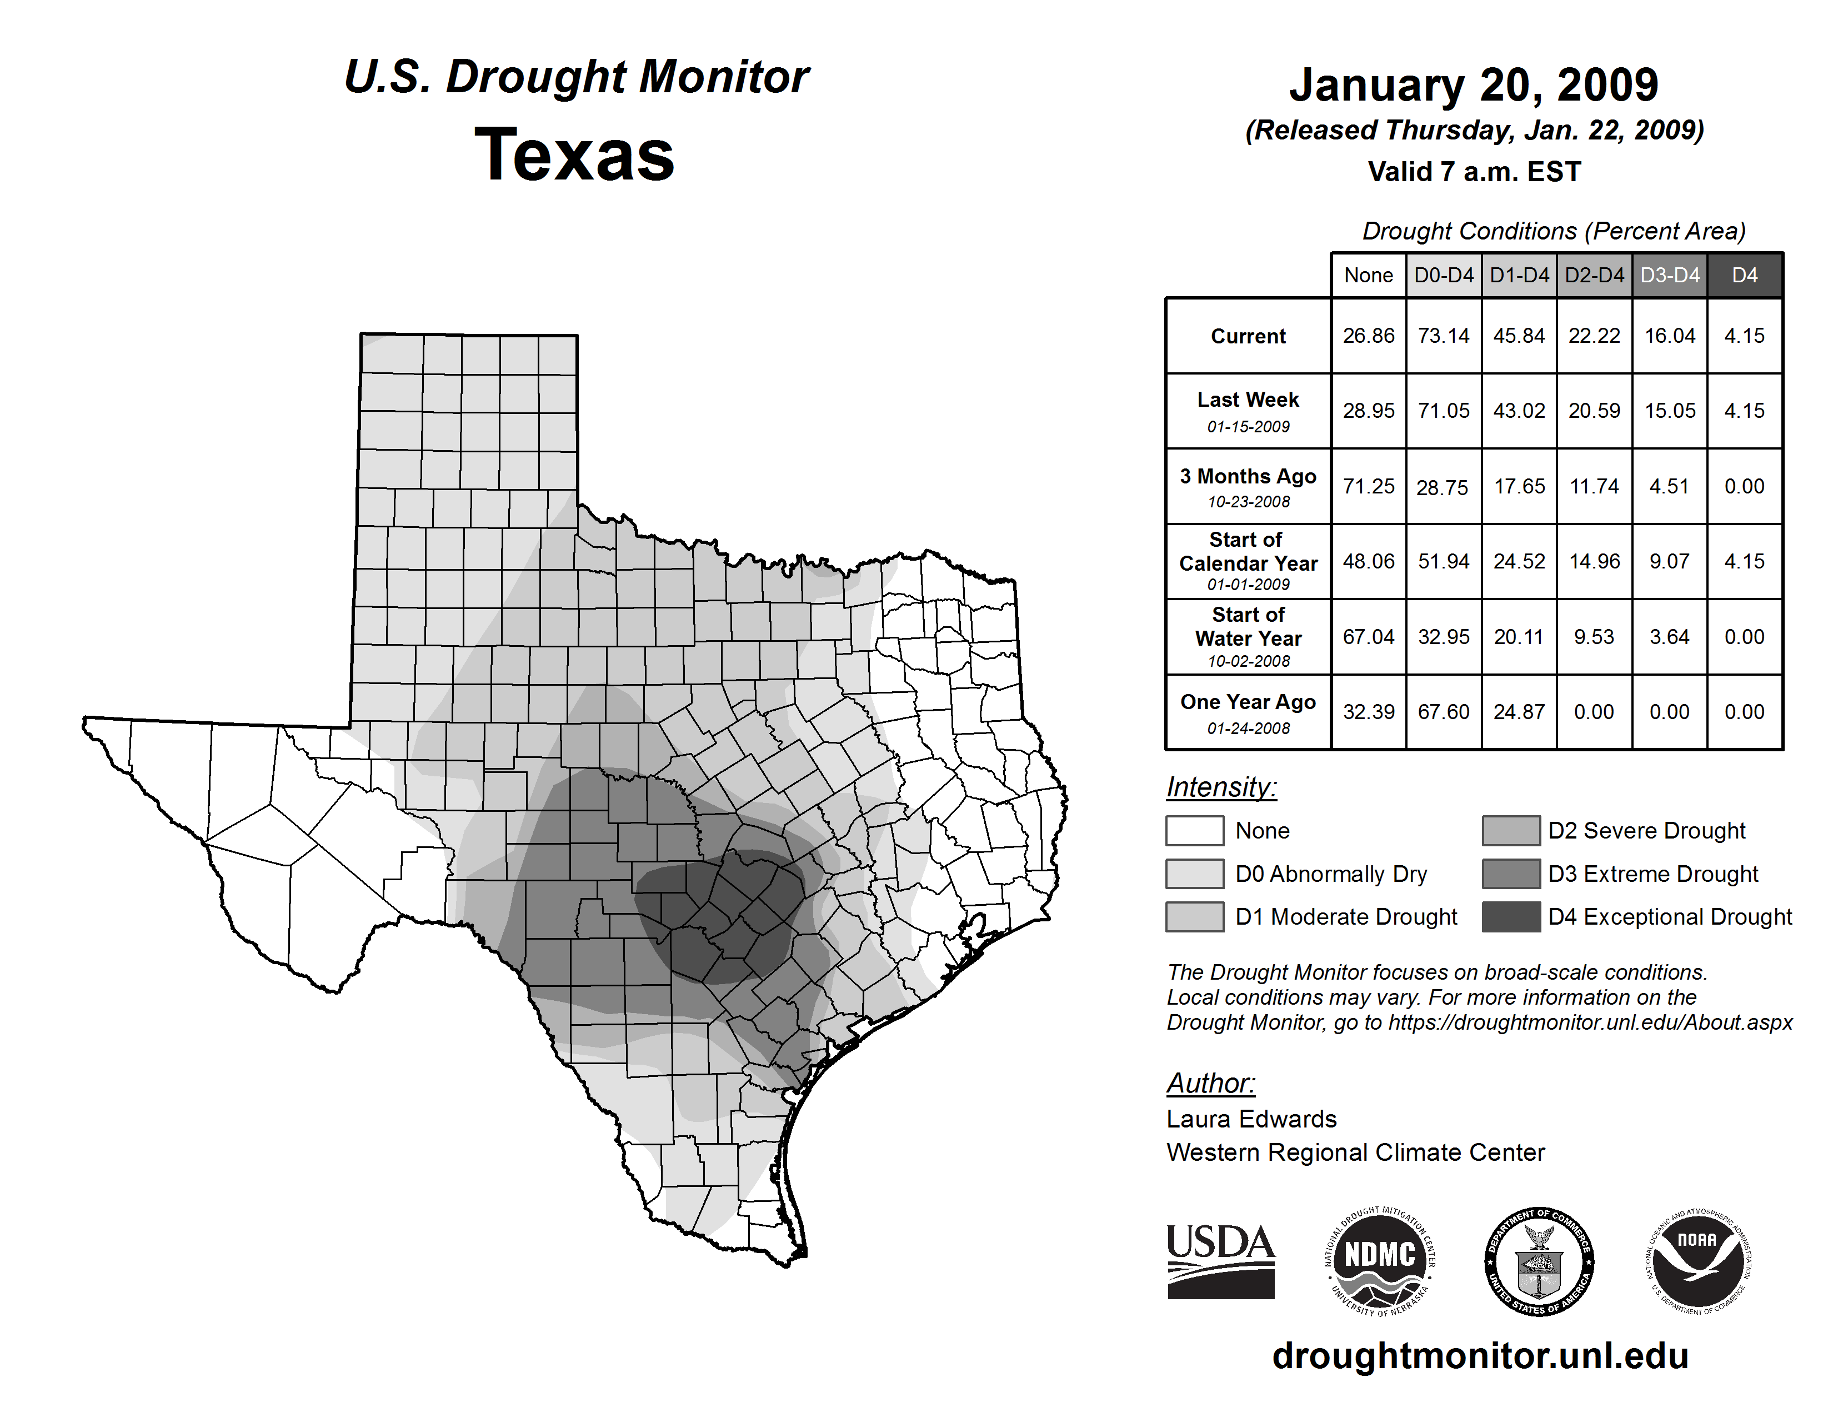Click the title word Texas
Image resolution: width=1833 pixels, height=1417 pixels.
574,155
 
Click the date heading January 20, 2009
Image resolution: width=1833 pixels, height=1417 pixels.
1474,85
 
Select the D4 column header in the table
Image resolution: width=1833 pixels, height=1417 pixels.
1744,275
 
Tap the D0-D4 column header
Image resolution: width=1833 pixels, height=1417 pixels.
1444,275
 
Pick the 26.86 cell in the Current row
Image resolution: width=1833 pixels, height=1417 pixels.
1368,336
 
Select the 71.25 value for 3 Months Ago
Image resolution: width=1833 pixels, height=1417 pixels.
1368,487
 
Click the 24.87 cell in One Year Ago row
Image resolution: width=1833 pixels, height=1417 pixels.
1519,712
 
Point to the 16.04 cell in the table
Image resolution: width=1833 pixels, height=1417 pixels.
1669,336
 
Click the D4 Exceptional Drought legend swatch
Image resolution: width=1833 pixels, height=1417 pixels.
1511,917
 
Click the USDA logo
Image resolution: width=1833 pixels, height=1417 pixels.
1220,1261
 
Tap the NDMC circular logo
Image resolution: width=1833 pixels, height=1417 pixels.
1380,1261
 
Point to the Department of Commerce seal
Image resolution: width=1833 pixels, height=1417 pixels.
1539,1261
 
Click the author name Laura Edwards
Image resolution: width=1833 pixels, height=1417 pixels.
1251,1119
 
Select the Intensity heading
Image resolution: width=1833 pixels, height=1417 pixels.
1221,787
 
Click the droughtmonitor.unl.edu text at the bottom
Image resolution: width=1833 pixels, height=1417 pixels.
1480,1356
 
